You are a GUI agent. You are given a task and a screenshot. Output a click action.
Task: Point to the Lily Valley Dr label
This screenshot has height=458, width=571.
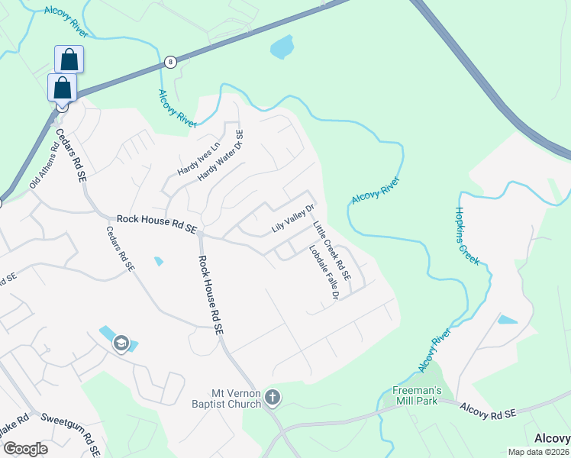coord(293,218)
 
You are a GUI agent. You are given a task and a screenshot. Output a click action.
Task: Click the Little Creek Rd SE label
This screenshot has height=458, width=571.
coord(331,250)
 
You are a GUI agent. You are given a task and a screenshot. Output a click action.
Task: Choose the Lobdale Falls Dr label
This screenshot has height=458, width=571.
coord(324,272)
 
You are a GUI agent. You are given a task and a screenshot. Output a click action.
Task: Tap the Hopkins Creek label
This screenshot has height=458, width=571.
coord(468,236)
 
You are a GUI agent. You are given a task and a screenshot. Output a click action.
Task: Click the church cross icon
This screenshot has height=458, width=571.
coord(274,397)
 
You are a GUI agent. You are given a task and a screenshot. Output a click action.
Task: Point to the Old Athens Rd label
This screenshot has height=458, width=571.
coord(44,169)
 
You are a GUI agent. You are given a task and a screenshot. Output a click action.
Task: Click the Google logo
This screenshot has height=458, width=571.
coord(25,449)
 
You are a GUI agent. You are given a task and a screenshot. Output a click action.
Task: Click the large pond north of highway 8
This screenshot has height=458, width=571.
coord(282,47)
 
